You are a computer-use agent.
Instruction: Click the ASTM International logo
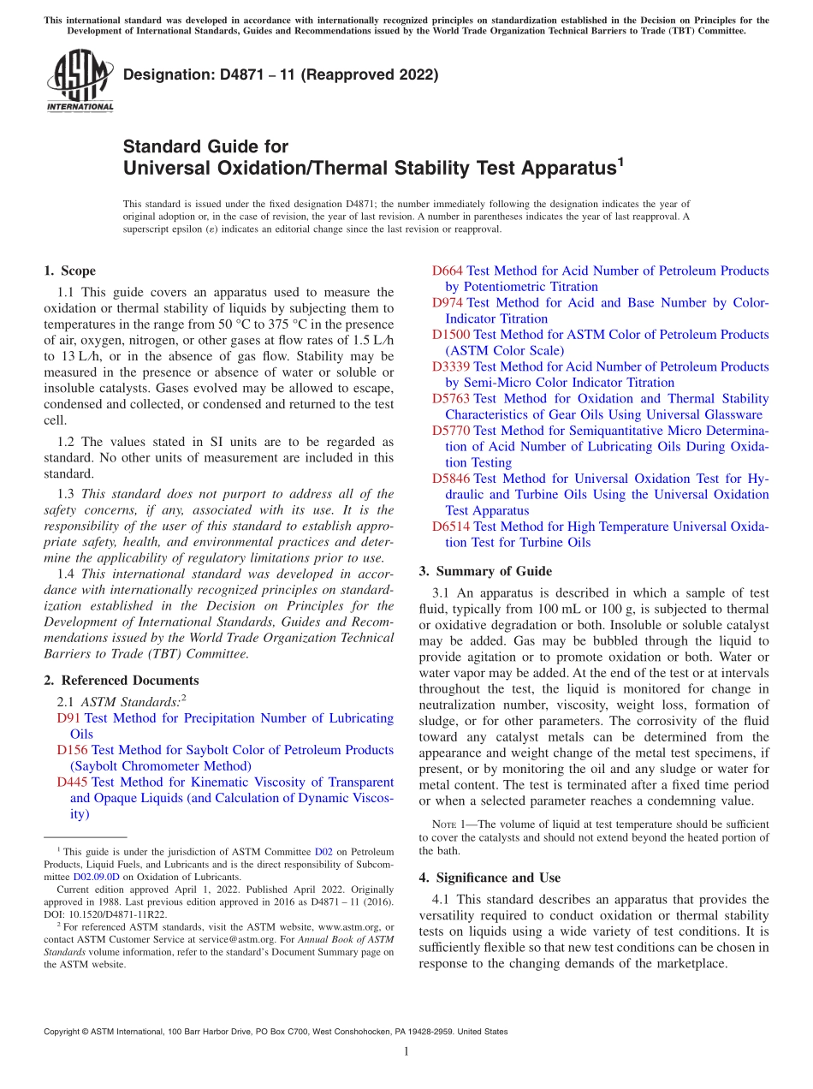(79, 81)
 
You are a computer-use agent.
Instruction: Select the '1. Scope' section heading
(69, 271)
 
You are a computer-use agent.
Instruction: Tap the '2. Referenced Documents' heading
(121, 681)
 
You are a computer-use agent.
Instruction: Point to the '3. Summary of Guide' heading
(485, 571)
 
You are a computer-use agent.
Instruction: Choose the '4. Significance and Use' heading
(490, 878)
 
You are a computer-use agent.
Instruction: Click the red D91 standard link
(68, 718)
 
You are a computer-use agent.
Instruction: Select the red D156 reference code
(72, 750)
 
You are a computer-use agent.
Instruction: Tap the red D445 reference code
(72, 783)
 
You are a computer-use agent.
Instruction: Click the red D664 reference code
(448, 271)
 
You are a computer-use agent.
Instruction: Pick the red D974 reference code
(448, 303)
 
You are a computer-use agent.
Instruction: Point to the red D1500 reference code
(451, 335)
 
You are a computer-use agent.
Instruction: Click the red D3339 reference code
(451, 367)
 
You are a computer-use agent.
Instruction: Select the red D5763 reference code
(451, 399)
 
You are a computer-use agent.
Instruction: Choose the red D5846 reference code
(451, 479)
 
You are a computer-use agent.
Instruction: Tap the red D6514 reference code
(451, 527)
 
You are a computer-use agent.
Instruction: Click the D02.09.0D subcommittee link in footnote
(95, 877)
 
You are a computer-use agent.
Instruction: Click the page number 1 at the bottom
(406, 1051)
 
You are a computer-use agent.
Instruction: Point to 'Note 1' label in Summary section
(450, 825)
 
